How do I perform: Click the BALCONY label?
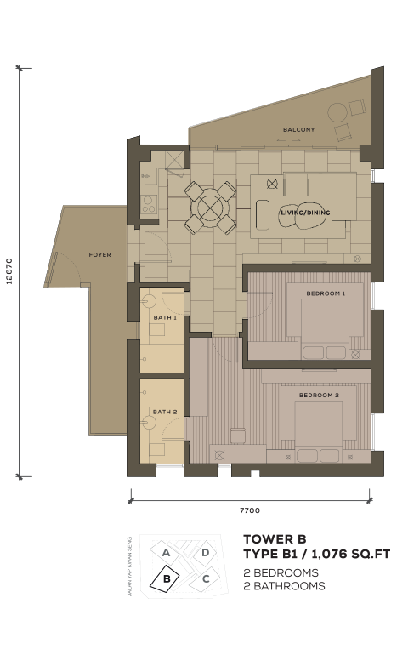298,129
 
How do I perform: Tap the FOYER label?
99,254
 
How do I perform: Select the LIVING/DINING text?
305,213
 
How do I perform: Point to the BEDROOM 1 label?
326,293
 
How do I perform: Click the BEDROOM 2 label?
319,395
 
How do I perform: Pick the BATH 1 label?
165,317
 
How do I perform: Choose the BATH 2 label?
165,412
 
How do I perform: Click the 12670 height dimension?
9,271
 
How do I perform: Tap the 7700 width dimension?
250,510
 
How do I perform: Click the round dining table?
210,208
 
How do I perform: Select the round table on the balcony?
337,112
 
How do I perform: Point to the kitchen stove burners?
149,204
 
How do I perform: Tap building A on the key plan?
166,553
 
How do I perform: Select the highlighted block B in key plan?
165,578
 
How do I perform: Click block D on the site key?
205,553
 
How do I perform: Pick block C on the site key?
205,579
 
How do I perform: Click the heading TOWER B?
275,539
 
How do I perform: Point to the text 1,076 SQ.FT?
351,554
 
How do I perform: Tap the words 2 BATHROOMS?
284,586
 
